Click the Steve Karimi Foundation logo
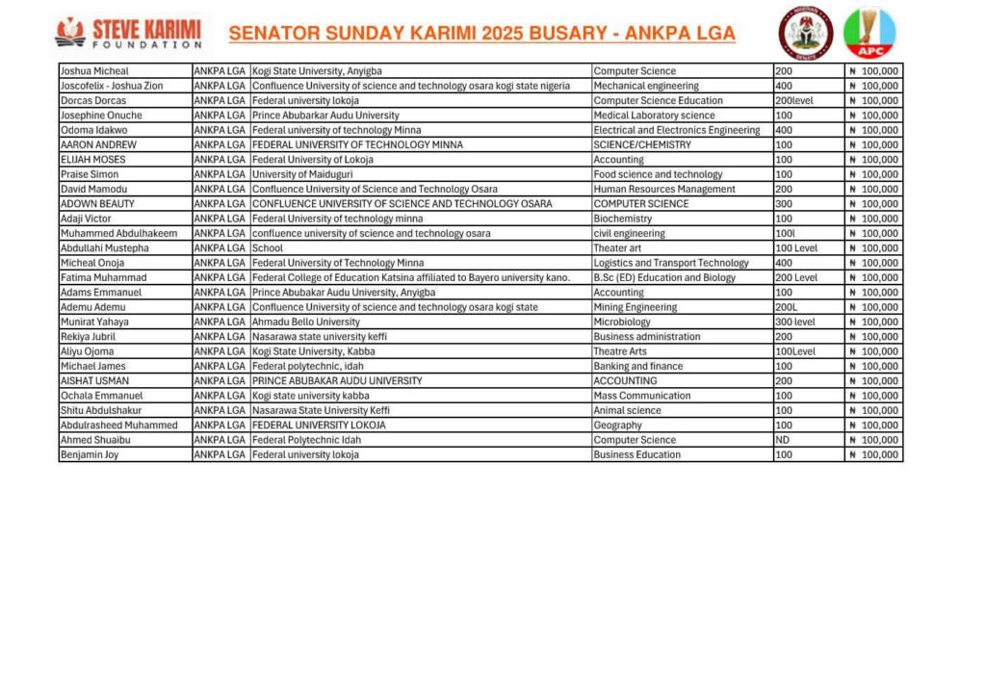point(129,33)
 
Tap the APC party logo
point(869,33)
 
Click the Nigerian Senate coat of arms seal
point(806,33)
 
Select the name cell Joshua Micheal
point(94,71)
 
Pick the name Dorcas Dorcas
point(95,100)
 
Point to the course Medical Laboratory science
point(654,116)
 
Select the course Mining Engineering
point(636,307)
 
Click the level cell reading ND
point(782,440)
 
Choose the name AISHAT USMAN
point(95,381)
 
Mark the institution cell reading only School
point(268,248)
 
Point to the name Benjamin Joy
point(90,454)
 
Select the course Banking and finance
point(638,366)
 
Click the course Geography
point(618,426)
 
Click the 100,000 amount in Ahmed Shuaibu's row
point(874,440)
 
